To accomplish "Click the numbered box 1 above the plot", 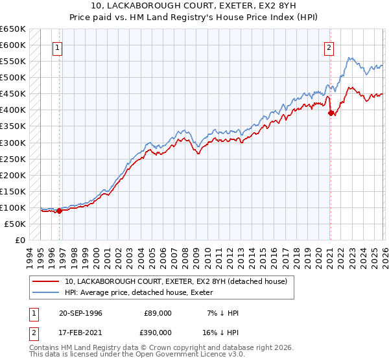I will point(58,47).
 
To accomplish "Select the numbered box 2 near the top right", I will point(329,47).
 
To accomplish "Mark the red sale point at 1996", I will point(59,210).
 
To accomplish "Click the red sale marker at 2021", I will point(331,113).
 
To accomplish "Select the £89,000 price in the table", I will point(158,313).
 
